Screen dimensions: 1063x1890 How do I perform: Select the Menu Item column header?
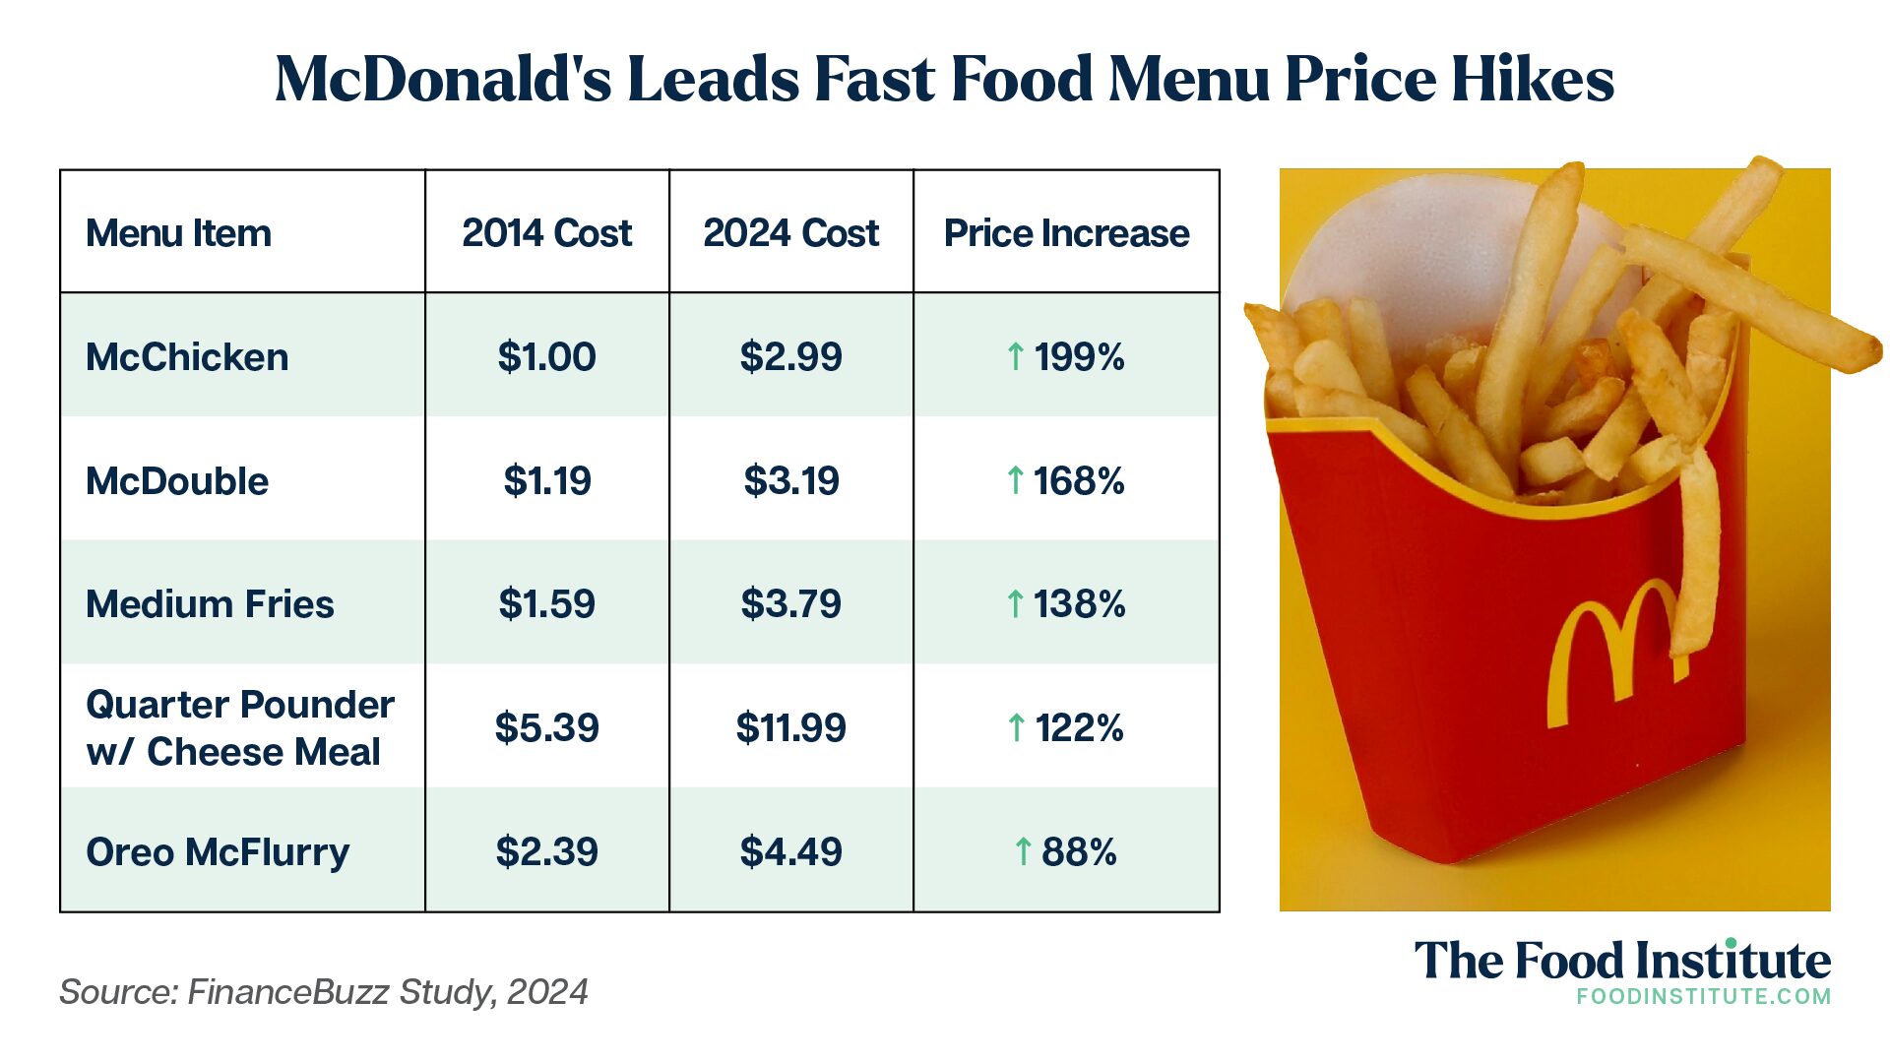click(x=178, y=233)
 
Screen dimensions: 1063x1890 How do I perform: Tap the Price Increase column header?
click(x=1066, y=233)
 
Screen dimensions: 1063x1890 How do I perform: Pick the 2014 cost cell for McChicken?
click(x=546, y=356)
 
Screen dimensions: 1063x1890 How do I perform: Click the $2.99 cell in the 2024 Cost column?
click(x=790, y=356)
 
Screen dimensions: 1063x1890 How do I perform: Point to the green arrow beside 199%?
click(x=1016, y=356)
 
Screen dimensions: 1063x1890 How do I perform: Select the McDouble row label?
click(x=177, y=481)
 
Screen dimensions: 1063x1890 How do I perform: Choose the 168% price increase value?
click(x=1079, y=481)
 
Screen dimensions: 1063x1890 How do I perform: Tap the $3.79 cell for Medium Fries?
click(x=790, y=603)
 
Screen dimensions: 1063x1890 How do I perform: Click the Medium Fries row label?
click(x=210, y=603)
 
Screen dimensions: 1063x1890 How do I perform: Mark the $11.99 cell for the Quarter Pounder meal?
click(x=790, y=728)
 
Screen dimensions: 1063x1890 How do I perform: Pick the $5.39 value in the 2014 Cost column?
click(x=546, y=728)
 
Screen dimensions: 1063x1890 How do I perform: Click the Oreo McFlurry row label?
click(x=218, y=852)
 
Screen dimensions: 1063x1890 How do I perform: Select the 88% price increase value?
click(x=1079, y=852)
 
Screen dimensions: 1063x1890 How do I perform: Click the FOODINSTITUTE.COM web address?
click(x=1703, y=996)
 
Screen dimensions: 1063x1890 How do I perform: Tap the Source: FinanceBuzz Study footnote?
click(x=323, y=991)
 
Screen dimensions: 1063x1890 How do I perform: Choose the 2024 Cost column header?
click(x=790, y=233)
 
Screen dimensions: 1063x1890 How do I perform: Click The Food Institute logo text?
click(x=1622, y=961)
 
